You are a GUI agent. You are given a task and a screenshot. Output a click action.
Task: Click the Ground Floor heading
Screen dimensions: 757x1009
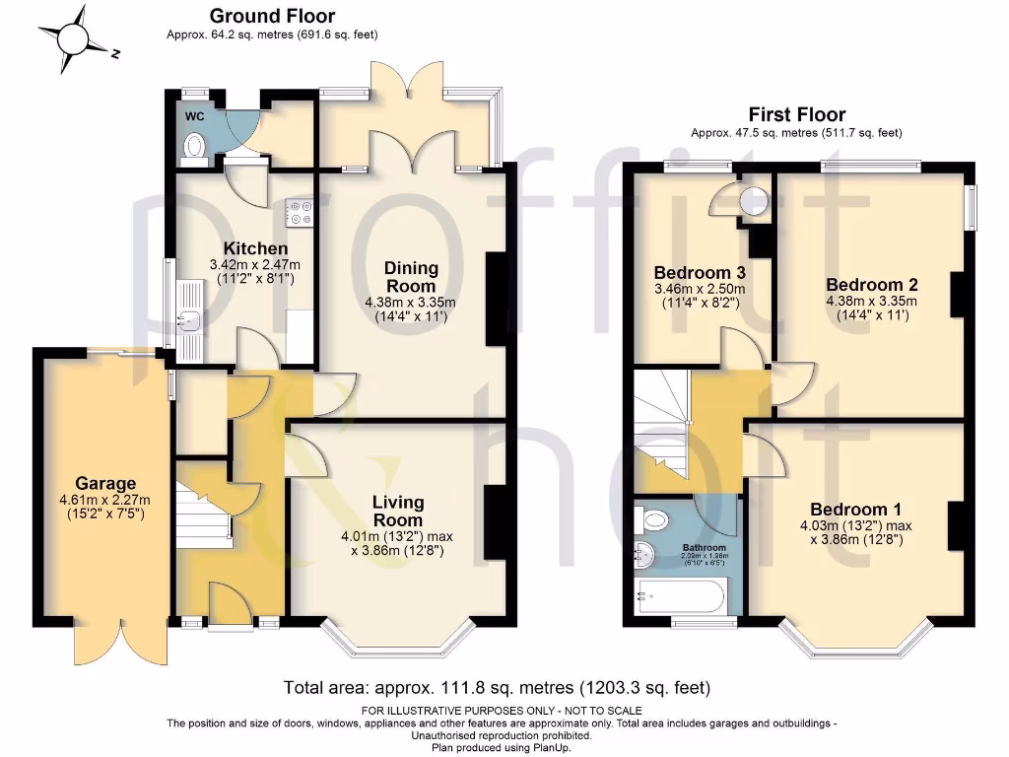pos(272,16)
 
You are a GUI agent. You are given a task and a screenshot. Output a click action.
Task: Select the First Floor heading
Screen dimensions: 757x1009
pos(796,114)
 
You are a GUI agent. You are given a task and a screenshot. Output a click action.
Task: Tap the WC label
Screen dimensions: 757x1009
pos(194,116)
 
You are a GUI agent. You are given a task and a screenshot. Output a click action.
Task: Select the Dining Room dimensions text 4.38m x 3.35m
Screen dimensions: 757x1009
pos(411,302)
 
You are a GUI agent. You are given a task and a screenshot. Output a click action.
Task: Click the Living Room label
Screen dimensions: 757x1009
pos(397,512)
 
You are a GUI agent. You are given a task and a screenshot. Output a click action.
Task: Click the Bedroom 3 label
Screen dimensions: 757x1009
pos(699,272)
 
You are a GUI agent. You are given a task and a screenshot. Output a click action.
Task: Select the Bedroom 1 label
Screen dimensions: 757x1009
pos(855,510)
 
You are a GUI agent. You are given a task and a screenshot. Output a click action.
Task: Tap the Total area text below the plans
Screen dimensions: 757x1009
pos(497,687)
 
